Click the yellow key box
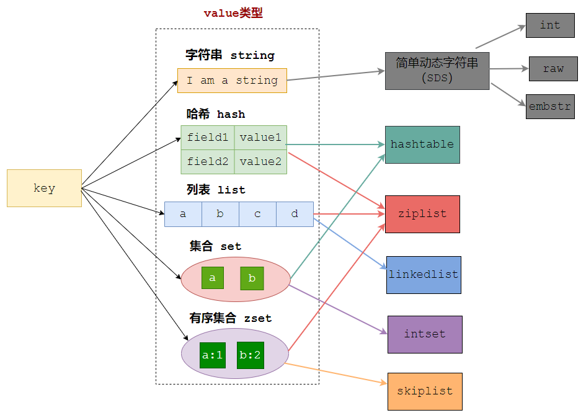(x=44, y=188)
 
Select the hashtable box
(x=422, y=145)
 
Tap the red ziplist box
(x=422, y=214)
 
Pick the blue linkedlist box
(x=424, y=275)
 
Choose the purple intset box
(x=425, y=334)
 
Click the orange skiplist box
(x=425, y=391)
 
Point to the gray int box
(x=550, y=25)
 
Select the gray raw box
(x=553, y=69)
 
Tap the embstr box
(x=550, y=107)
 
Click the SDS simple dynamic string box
(x=437, y=71)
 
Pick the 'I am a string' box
(x=232, y=81)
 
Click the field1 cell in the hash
(x=208, y=138)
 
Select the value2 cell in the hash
(x=260, y=162)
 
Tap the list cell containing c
(x=257, y=214)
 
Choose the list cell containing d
(x=295, y=214)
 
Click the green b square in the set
(x=252, y=278)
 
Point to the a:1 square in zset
(x=213, y=355)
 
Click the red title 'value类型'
(x=233, y=13)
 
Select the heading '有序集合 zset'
(x=230, y=319)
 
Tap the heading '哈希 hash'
(x=215, y=114)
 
